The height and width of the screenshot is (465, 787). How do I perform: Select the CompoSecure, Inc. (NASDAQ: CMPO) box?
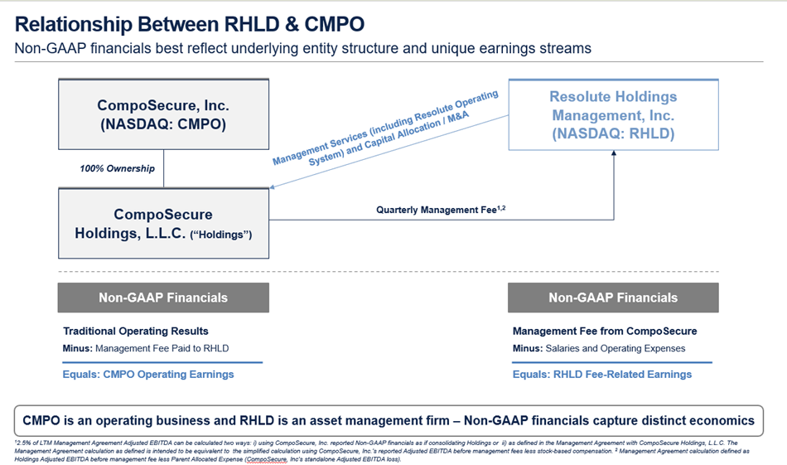tap(162, 115)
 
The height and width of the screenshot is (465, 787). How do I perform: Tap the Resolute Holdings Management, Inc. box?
tap(612, 115)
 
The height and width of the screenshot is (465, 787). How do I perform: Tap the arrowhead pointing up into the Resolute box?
tap(614, 156)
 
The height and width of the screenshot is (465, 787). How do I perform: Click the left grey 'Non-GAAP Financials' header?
tap(162, 298)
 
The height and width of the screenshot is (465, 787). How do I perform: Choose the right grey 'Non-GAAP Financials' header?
tap(612, 298)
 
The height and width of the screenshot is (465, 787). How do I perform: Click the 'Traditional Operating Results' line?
tap(136, 331)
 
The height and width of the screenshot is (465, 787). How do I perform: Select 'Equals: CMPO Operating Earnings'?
tap(148, 374)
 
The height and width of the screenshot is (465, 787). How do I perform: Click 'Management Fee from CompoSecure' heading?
tap(605, 331)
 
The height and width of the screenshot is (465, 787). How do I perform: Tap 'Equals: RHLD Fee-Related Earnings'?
tap(601, 374)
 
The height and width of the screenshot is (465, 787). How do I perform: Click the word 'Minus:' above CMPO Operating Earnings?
tap(79, 348)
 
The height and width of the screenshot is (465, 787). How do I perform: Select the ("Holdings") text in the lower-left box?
tap(221, 235)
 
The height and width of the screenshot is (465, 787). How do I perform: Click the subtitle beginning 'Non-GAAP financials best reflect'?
tap(302, 48)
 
